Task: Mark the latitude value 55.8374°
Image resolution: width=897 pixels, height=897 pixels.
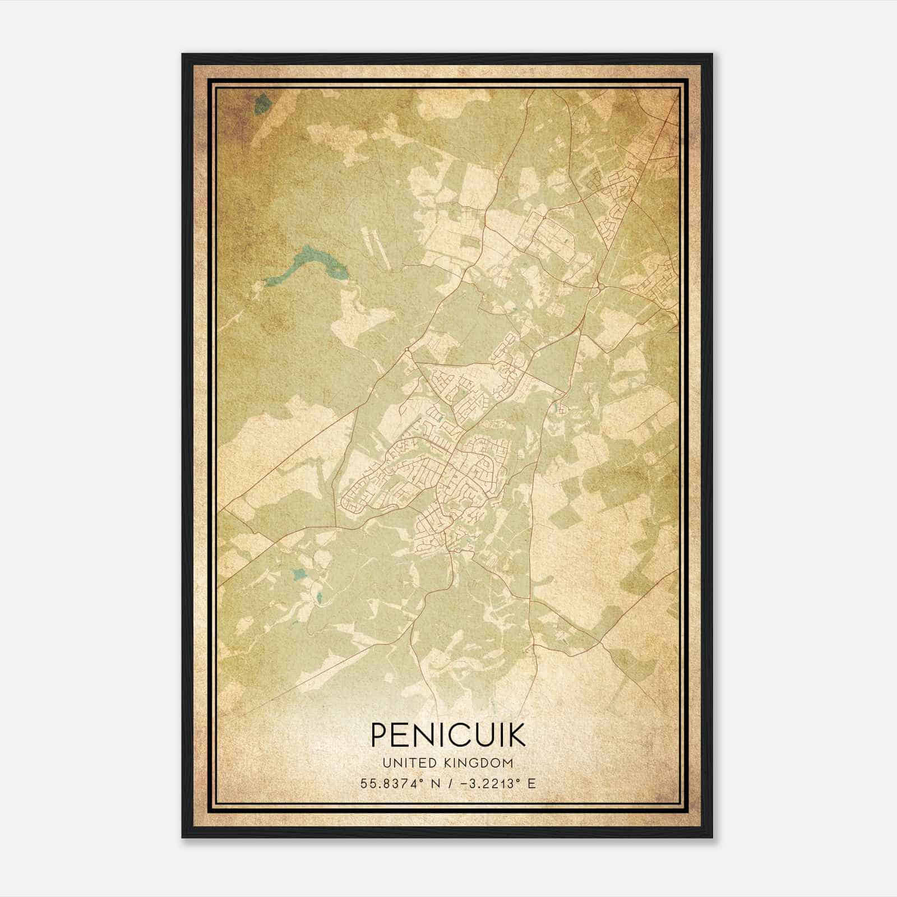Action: pyautogui.click(x=392, y=783)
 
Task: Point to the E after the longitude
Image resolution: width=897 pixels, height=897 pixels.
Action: pyautogui.click(x=531, y=783)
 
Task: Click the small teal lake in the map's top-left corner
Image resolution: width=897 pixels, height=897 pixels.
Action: pyautogui.click(x=260, y=104)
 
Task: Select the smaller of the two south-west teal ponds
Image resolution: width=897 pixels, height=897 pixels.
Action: pyautogui.click(x=319, y=598)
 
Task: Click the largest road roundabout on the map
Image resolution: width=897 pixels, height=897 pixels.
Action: pyautogui.click(x=600, y=287)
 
